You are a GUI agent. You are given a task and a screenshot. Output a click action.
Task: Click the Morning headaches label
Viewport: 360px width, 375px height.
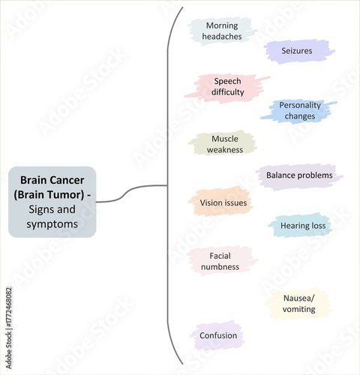[221, 31]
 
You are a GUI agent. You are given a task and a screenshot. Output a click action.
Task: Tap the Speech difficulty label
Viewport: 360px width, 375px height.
[228, 86]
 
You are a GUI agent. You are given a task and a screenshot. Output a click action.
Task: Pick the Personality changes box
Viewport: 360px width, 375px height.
[300, 110]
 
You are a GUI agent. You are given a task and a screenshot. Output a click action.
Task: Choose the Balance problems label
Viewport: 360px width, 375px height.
[298, 175]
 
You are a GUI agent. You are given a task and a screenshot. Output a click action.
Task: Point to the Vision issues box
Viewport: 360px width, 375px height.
[223, 202]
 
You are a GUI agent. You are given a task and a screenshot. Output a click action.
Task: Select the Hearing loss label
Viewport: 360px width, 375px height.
[302, 225]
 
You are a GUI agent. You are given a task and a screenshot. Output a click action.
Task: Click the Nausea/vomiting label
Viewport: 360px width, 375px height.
[299, 304]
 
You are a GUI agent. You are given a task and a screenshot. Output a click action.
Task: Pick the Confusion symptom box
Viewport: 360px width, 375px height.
[218, 335]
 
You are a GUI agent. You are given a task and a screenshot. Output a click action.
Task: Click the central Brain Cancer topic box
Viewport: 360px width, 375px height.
[52, 202]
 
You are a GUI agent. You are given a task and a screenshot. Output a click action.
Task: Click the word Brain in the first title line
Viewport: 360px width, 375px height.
[34, 180]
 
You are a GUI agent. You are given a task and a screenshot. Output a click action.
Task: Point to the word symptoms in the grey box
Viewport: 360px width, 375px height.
[52, 224]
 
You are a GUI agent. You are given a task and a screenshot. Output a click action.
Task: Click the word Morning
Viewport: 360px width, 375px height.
[221, 25]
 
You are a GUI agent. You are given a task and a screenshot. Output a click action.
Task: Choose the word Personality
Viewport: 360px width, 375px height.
[300, 105]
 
